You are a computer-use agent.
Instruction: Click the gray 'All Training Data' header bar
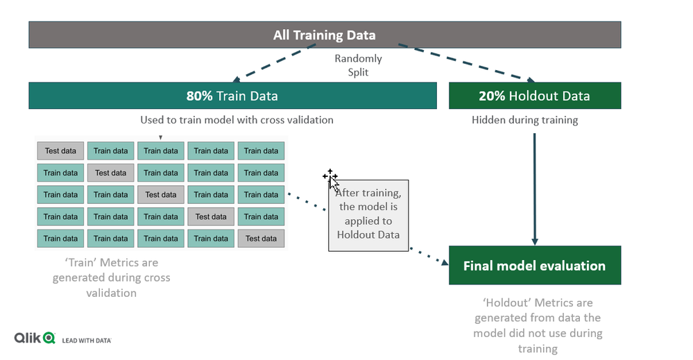click(325, 35)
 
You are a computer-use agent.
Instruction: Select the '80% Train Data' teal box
click(232, 96)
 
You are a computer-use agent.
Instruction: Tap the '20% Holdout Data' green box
click(535, 96)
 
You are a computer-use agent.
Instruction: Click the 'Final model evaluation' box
click(535, 265)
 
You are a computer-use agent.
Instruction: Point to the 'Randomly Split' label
click(358, 65)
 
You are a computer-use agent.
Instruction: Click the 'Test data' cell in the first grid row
click(60, 151)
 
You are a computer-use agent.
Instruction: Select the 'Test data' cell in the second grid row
click(110, 173)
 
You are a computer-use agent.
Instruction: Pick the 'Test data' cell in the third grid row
click(161, 194)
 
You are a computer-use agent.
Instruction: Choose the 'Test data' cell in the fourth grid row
click(211, 216)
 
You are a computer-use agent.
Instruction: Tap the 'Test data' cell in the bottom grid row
click(262, 239)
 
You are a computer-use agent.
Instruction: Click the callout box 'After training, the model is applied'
click(368, 216)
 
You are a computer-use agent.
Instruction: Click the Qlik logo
click(35, 338)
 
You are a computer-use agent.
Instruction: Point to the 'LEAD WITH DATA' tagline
click(87, 341)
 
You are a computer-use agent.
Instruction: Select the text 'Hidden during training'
click(524, 120)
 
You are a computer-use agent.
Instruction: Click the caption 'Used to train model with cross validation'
click(237, 120)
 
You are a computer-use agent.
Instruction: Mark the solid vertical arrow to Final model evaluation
click(535, 189)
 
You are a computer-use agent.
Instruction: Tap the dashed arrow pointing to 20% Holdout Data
click(467, 62)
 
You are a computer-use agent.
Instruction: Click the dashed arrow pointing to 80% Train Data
click(274, 62)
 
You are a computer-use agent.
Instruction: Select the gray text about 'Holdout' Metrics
click(538, 325)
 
